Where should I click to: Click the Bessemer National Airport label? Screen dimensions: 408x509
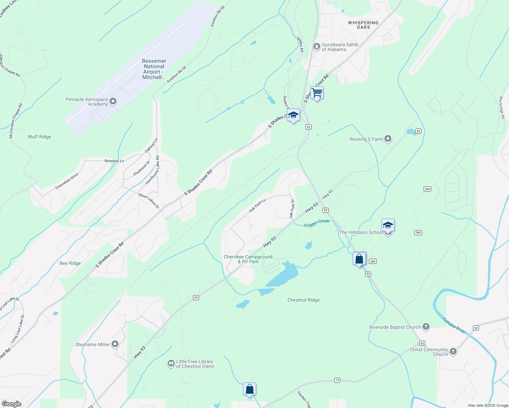click(154, 69)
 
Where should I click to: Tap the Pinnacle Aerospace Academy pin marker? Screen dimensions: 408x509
click(113, 101)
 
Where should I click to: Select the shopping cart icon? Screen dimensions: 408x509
click(317, 93)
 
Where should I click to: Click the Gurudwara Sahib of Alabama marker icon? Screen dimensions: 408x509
click(317, 47)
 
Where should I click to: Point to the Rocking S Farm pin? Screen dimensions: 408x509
click(388, 139)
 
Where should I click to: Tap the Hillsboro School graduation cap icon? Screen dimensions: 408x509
click(388, 226)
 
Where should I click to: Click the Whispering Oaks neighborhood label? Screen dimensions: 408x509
click(363, 25)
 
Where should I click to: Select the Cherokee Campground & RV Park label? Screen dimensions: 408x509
click(248, 259)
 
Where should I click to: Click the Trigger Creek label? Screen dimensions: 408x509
click(316, 223)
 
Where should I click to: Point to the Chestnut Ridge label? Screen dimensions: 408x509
click(303, 300)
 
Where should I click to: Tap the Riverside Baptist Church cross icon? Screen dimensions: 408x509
click(426, 327)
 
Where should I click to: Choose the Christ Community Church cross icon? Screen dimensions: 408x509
click(453, 352)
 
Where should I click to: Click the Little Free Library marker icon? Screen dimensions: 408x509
click(171, 364)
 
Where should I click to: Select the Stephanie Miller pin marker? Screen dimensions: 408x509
click(115, 344)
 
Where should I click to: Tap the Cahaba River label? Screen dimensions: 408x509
click(454, 325)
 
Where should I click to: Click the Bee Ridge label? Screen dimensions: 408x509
click(70, 263)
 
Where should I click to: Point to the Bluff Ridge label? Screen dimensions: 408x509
click(39, 137)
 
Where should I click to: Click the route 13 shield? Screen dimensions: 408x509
click(337, 380)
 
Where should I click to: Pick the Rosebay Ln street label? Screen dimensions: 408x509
click(114, 161)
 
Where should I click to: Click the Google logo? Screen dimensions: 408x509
click(12, 404)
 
